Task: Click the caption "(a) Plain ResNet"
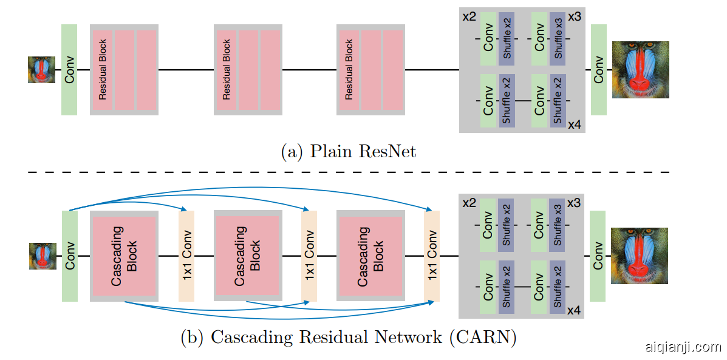pyautogui.click(x=349, y=151)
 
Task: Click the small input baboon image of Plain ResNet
pyautogui.click(x=41, y=70)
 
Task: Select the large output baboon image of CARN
pyautogui.click(x=639, y=256)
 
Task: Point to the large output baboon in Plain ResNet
pyautogui.click(x=640, y=70)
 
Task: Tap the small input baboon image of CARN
pyautogui.click(x=43, y=256)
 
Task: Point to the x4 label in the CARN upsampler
pyautogui.click(x=574, y=311)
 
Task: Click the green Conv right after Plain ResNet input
pyautogui.click(x=69, y=70)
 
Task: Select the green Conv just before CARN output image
pyautogui.click(x=598, y=256)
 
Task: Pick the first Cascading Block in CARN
pyautogui.click(x=125, y=256)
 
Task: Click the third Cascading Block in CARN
pyautogui.click(x=370, y=256)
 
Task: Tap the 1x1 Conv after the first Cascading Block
pyautogui.click(x=186, y=256)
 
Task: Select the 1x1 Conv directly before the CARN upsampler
pyautogui.click(x=432, y=256)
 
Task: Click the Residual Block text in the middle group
pyautogui.click(x=227, y=70)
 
